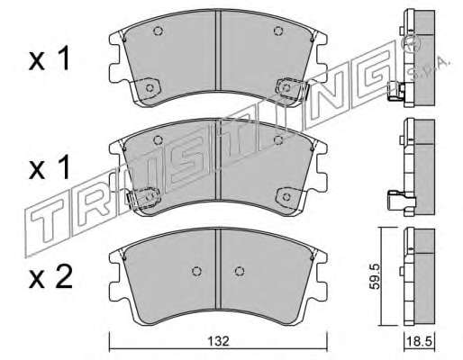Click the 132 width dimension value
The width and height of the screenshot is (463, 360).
point(219,341)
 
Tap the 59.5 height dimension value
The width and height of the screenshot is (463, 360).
point(375,276)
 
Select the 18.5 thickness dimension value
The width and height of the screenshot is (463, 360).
point(419,341)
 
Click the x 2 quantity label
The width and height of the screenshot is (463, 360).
point(50,277)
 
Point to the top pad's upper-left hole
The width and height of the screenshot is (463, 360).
point(158,31)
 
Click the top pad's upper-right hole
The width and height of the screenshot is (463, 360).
point(278,31)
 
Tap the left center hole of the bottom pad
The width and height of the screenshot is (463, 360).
point(196,271)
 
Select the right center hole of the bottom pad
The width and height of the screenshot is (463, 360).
point(240,271)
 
